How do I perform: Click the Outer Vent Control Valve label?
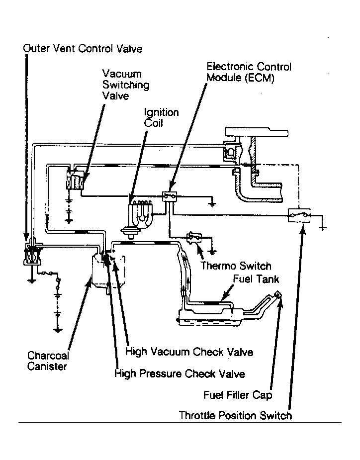point(83,49)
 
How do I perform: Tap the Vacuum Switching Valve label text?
point(126,85)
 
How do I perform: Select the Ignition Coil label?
point(161,117)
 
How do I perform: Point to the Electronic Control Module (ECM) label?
point(249,72)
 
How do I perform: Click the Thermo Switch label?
point(236,266)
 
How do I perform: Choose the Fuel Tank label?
point(256,278)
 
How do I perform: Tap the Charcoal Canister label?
point(48,361)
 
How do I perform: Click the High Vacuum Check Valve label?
point(189,352)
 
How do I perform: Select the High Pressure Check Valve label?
point(180,373)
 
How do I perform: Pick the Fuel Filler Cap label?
point(238,395)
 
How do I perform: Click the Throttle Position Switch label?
point(235,415)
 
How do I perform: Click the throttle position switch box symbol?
point(299,215)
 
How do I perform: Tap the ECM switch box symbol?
point(170,196)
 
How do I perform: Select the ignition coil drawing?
point(140,216)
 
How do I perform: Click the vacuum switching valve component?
point(75,179)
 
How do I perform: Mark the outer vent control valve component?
point(32,254)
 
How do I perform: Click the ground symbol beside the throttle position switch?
point(322,227)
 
